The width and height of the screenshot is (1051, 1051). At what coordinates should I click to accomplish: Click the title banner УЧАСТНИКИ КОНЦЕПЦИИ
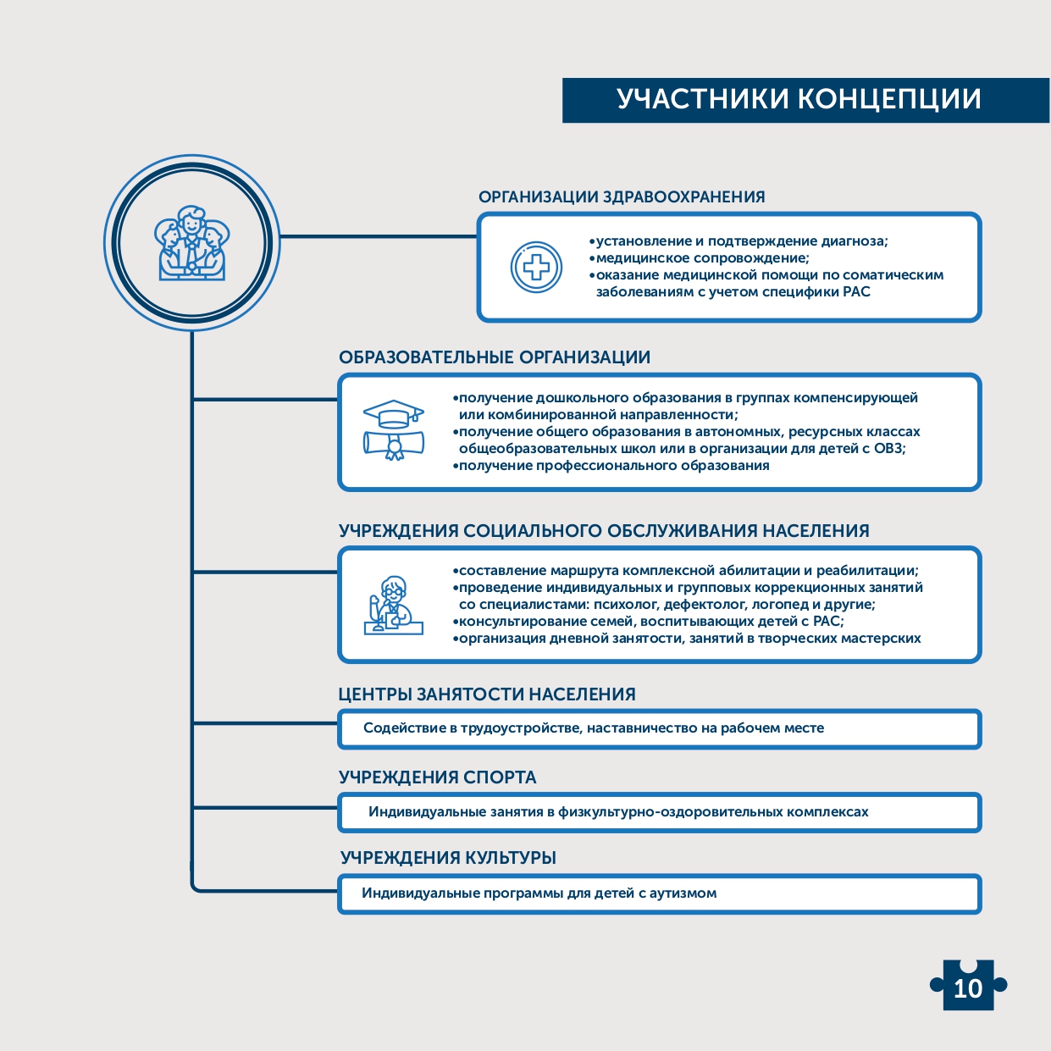coord(799,100)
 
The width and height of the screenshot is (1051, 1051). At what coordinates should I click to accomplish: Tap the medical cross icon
coord(536,268)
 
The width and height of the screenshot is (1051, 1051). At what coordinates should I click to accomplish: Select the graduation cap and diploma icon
coord(393,430)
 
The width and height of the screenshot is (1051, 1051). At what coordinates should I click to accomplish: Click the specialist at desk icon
coord(393,605)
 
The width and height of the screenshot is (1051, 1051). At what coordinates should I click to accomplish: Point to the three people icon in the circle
coord(192,244)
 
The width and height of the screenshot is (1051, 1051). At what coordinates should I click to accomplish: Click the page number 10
coord(968,987)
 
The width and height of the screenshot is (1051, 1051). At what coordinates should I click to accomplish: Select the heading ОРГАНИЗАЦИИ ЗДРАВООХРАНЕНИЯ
coord(622,197)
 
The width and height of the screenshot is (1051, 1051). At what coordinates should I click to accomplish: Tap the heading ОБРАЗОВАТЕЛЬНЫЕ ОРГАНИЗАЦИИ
coord(495,357)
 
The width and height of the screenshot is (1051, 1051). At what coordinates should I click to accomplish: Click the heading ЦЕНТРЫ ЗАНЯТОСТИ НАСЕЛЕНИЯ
coord(487,694)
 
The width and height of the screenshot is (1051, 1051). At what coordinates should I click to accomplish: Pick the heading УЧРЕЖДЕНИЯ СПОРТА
coord(438,777)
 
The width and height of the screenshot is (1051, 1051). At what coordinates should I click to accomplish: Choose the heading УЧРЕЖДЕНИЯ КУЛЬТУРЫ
coord(448,858)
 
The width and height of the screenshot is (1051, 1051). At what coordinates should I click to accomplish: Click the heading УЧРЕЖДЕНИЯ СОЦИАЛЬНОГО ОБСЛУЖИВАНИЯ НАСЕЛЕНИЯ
coord(604,531)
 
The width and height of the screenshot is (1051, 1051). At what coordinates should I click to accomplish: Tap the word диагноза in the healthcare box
coord(857,241)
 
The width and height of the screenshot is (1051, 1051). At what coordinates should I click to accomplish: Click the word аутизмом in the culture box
coord(683,893)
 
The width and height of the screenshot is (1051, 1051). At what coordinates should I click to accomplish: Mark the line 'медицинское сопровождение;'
coord(701,258)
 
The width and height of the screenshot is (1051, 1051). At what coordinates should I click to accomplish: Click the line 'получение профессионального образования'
coord(613,466)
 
